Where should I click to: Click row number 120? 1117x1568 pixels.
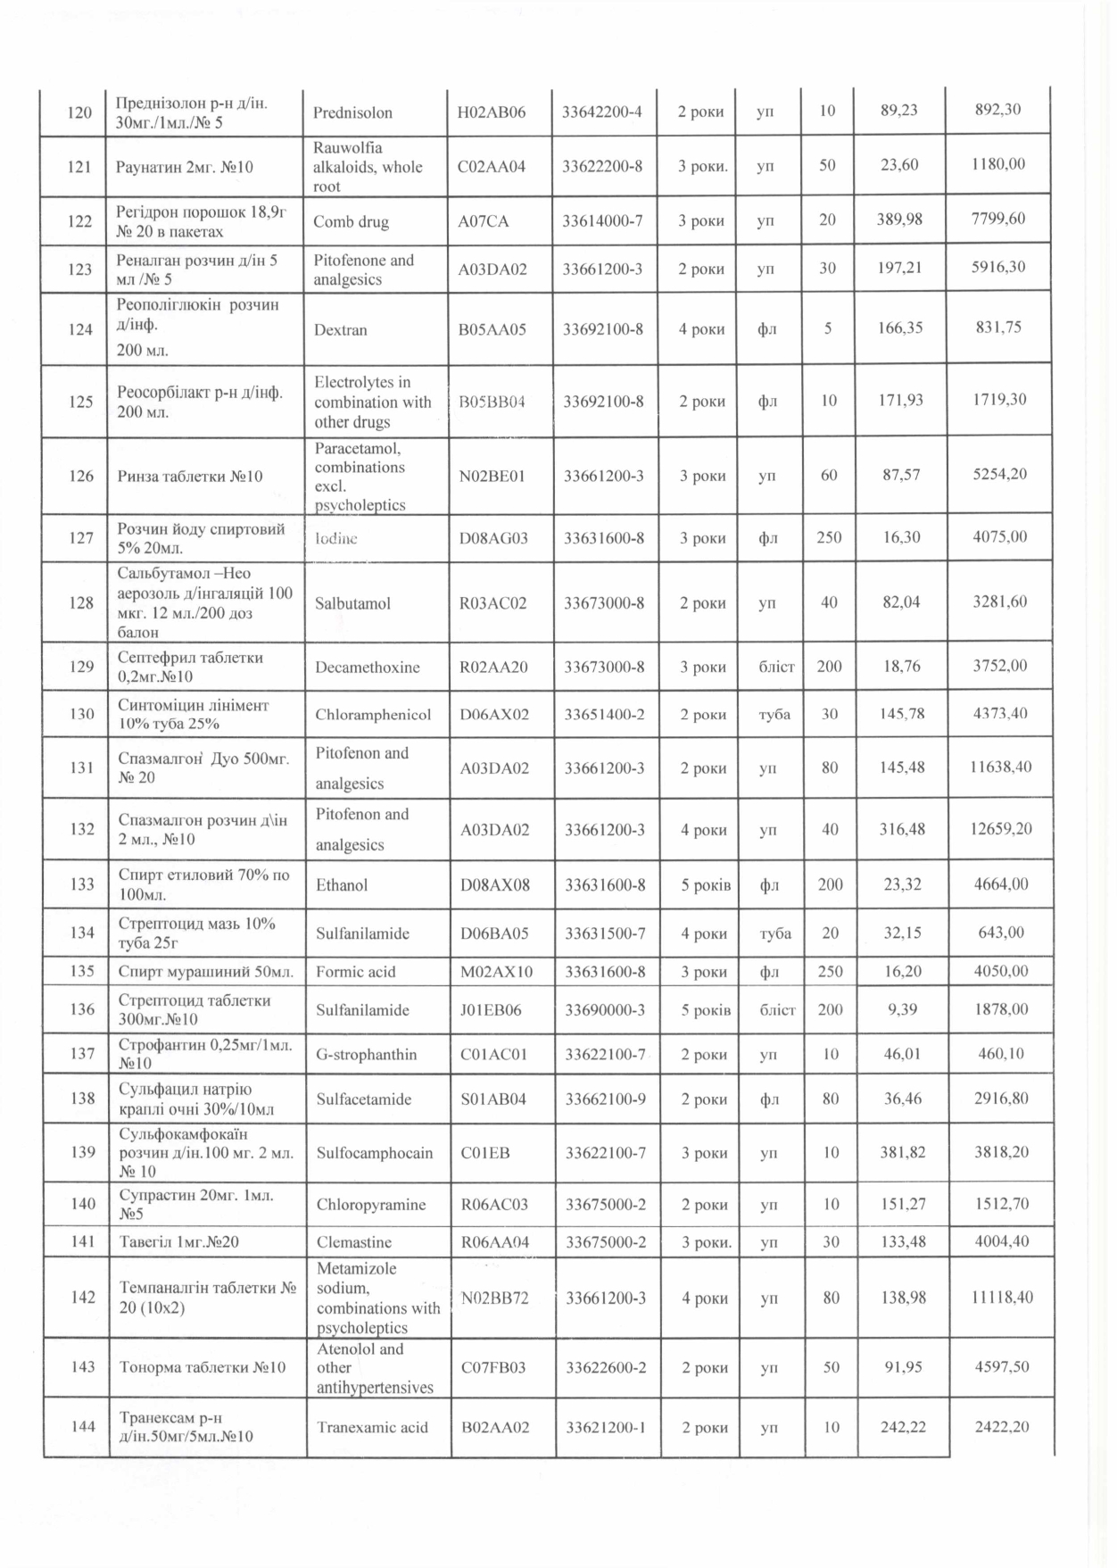coord(79,112)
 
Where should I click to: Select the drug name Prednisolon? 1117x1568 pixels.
coord(352,112)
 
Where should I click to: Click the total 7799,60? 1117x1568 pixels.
coord(998,220)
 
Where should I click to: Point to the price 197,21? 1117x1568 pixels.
coord(899,268)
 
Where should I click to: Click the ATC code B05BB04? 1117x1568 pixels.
coord(492,402)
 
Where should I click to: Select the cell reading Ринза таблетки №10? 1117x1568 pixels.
coord(190,476)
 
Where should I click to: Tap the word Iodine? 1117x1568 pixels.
coord(335,538)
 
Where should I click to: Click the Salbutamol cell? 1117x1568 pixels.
coord(352,603)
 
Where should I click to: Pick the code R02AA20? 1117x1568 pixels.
coord(492,667)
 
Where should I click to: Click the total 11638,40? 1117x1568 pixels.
coord(1000,767)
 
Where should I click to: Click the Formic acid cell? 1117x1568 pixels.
coord(355,972)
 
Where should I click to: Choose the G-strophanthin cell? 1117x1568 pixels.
coord(366,1054)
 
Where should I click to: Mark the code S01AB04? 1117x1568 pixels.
coord(493,1099)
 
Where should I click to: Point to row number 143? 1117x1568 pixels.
coord(82,1366)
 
